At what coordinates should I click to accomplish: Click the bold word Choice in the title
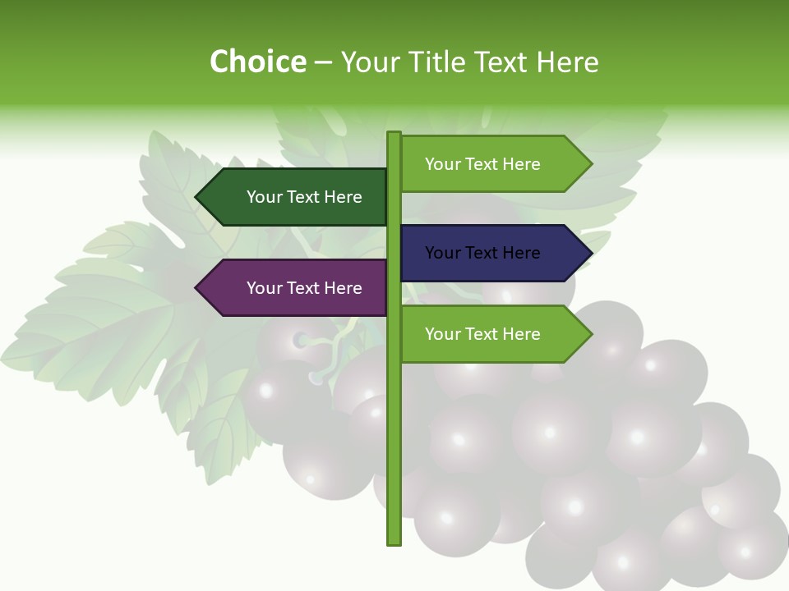pos(257,62)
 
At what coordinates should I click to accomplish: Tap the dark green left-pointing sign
pos(296,197)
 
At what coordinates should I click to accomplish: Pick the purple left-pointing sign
pos(296,288)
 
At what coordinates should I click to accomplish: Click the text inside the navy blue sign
pos(482,253)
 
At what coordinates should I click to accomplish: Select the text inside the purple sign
pos(304,288)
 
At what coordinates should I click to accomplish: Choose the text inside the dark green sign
pos(304,197)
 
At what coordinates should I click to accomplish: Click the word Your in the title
pos(368,62)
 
